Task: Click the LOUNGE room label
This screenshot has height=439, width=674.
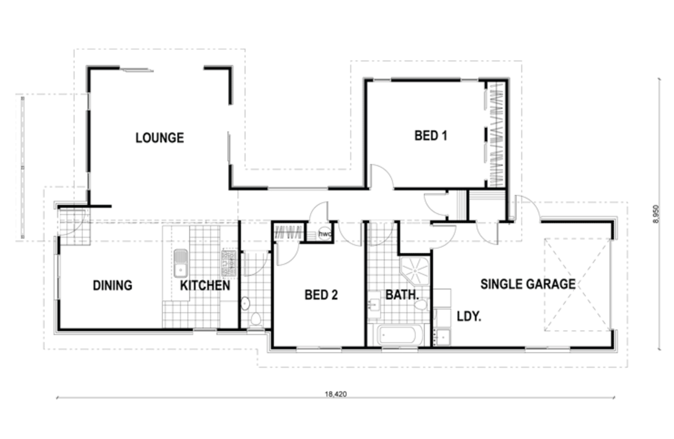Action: tap(160, 138)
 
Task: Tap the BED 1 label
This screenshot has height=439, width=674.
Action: tap(431, 135)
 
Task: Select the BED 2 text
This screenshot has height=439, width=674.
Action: tap(321, 295)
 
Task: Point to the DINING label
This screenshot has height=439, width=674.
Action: tap(112, 285)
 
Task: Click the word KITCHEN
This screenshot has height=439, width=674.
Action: tap(205, 285)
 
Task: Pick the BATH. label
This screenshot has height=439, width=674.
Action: tap(402, 295)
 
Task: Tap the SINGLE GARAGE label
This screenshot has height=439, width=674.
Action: tap(528, 284)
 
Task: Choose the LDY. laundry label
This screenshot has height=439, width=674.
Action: tap(469, 316)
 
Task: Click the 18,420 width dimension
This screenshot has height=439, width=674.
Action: tap(336, 394)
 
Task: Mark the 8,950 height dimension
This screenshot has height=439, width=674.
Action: tap(655, 214)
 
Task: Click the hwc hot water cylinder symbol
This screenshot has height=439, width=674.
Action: tap(325, 234)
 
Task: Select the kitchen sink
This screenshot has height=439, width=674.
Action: tap(181, 264)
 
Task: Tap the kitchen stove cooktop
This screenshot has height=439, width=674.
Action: tap(229, 264)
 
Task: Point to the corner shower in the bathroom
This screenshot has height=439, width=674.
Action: tap(415, 271)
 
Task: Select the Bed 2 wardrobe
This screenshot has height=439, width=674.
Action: tap(287, 232)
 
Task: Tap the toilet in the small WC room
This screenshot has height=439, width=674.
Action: tap(256, 319)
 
